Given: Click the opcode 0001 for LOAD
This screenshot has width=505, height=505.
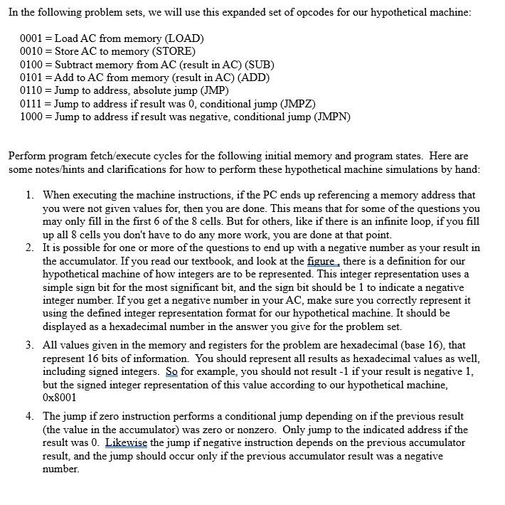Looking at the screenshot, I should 31,38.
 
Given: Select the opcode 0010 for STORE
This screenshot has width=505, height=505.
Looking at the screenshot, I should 31,51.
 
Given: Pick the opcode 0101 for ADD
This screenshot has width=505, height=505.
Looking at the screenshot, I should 31,78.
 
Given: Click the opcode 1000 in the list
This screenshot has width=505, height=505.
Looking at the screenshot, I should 31,117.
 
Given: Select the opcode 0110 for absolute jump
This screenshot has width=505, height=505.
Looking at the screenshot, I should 31,90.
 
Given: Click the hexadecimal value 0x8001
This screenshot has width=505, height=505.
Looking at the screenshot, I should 60,398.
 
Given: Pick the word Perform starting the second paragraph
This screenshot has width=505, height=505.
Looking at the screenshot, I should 27,156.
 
